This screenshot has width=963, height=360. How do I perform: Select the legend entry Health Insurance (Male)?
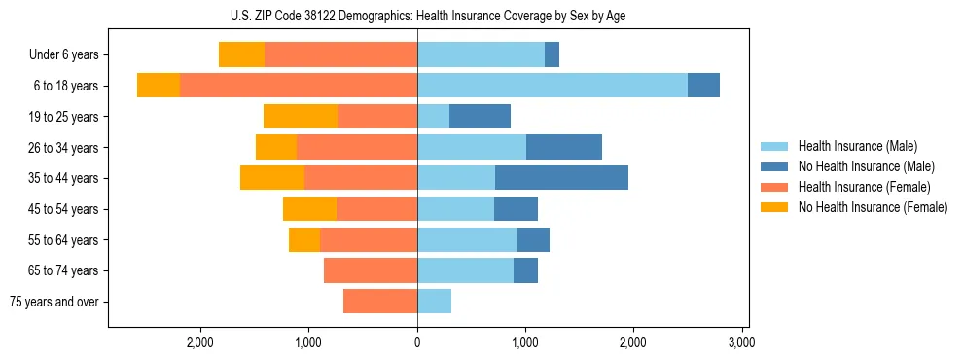point(857,146)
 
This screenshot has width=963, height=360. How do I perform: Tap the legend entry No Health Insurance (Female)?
point(872,207)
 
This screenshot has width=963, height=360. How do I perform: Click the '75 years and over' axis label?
point(53,302)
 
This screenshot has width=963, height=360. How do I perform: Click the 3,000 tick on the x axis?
point(741,342)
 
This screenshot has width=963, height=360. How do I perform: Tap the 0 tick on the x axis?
point(417,342)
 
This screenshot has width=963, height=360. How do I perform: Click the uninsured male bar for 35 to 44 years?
point(561,178)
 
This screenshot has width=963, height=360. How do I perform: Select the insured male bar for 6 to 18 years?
point(553,86)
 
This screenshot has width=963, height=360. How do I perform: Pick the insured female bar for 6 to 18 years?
point(299,86)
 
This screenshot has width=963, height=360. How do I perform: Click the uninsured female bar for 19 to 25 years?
point(301,117)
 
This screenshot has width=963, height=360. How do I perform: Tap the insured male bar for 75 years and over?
point(434,302)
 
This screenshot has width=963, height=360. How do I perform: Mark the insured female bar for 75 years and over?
point(380,302)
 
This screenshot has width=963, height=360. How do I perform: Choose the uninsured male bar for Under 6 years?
point(552,55)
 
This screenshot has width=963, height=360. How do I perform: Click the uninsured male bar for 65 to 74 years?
point(525,270)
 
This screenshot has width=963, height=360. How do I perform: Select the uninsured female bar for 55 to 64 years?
point(304,239)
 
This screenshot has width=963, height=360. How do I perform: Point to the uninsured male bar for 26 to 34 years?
point(564,147)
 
